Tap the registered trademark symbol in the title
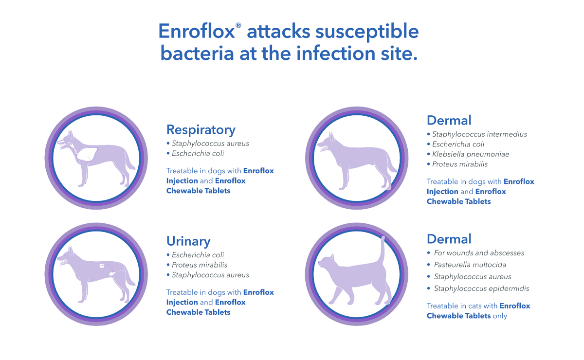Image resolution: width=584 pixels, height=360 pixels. [x=238, y=25]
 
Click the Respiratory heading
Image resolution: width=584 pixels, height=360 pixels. [x=201, y=130]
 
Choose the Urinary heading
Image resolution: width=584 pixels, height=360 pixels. [x=188, y=241]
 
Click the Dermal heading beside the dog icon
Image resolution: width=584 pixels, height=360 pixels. [x=449, y=120]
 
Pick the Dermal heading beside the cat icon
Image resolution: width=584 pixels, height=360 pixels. [x=449, y=239]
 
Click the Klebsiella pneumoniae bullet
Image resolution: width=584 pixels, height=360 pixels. [x=471, y=154]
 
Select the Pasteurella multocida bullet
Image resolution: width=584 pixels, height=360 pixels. [x=470, y=265]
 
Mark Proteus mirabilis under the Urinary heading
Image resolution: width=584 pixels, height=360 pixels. [x=200, y=265]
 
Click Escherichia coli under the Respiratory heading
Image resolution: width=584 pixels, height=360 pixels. [x=198, y=153]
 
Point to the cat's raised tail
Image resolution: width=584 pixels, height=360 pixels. [x=383, y=248]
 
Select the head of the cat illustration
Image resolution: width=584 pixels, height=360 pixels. [x=326, y=263]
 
